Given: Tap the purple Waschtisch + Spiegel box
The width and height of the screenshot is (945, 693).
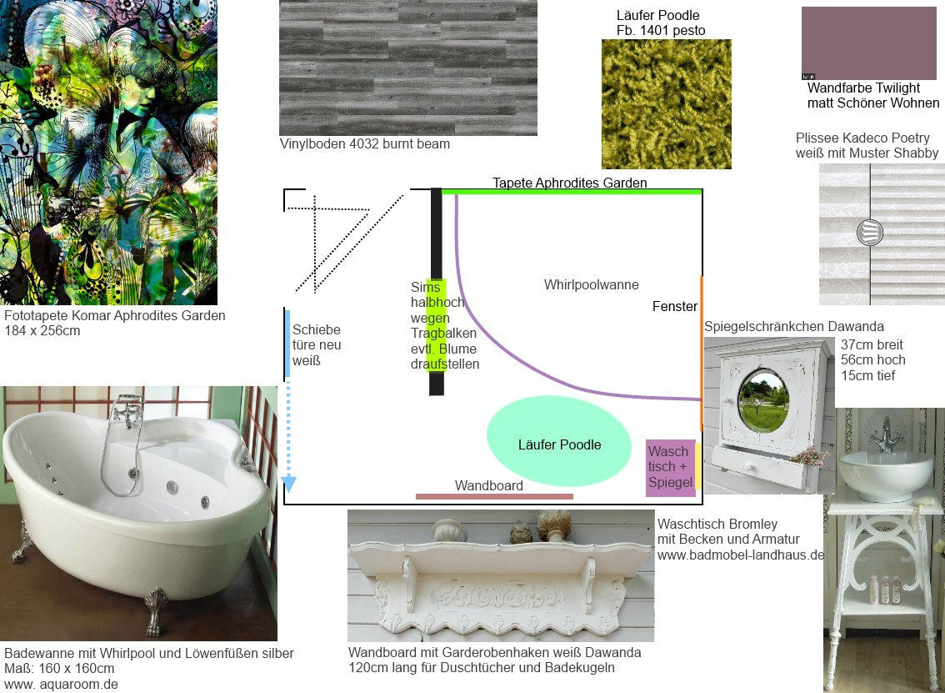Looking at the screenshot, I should (x=670, y=468).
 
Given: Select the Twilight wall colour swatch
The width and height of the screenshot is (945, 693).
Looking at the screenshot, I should (x=868, y=43).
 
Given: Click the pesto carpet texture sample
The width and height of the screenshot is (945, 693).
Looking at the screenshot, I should (x=666, y=103).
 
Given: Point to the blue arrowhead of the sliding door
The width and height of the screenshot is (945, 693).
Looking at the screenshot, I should (x=288, y=484).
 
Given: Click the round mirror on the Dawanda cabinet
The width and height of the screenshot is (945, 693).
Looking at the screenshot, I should (x=762, y=401).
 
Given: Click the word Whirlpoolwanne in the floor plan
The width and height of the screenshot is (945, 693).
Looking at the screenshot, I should (x=591, y=285).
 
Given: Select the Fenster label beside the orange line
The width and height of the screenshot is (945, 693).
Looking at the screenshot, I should (x=674, y=307).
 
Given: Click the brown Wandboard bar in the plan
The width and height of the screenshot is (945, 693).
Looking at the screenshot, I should (x=494, y=496).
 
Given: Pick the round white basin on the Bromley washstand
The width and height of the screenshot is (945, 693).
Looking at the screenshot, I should (x=884, y=473).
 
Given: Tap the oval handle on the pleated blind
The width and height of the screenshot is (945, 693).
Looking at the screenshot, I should (x=869, y=232).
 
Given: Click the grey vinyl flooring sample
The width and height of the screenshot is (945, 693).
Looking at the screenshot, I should (x=407, y=68).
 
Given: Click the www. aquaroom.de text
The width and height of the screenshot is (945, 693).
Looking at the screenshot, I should (x=61, y=684).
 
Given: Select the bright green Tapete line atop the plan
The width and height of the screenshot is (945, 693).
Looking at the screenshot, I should (x=571, y=192).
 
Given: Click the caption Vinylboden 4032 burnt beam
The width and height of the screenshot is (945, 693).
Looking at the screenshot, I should (x=364, y=143).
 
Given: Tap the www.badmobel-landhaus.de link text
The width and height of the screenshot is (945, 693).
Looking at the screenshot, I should (x=740, y=555).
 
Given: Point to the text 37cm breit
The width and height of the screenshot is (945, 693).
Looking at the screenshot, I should (x=872, y=344).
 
